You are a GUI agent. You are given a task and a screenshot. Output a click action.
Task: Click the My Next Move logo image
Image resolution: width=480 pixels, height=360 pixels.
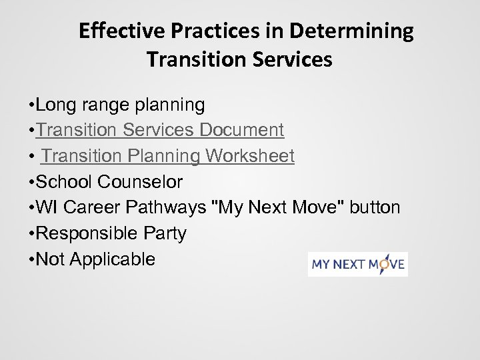click(x=358, y=264)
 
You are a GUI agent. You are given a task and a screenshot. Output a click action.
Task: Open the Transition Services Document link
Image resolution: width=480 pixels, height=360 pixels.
click(x=161, y=130)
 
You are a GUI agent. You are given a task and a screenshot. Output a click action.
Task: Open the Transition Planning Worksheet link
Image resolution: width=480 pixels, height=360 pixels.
click(x=167, y=156)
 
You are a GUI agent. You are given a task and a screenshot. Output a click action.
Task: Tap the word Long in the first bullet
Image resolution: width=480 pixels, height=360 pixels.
click(x=55, y=105)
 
